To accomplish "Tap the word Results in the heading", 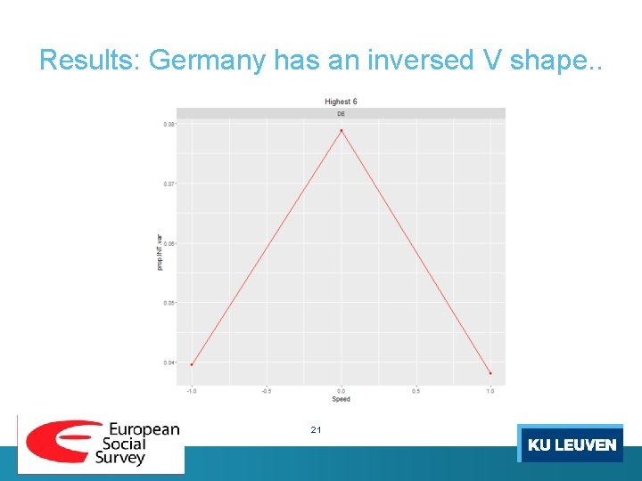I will click(x=90, y=61).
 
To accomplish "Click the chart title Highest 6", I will click(x=341, y=102).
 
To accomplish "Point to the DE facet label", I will click(x=341, y=114).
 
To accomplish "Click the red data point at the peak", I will click(x=341, y=131).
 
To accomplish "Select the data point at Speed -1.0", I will click(x=191, y=364).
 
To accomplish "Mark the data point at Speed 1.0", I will click(x=490, y=373).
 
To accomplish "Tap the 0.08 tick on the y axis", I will click(x=169, y=124).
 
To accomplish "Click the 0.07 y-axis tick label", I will click(x=169, y=183).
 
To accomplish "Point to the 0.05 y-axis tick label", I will click(x=169, y=303).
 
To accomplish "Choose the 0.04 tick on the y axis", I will click(x=169, y=363).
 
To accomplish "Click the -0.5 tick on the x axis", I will click(x=266, y=391).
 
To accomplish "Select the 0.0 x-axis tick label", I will click(x=341, y=391).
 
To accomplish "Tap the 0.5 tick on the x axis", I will click(x=416, y=391).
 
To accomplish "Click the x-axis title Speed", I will click(x=341, y=399).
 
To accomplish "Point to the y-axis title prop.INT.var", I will click(x=160, y=252).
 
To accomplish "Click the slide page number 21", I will click(x=316, y=430).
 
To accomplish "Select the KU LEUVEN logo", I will click(x=571, y=444).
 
